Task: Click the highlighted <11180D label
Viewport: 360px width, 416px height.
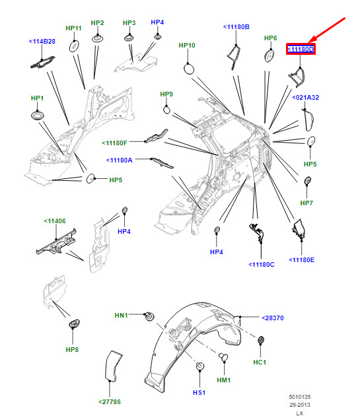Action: pyautogui.click(x=301, y=50)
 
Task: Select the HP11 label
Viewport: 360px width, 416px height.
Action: pyautogui.click(x=73, y=28)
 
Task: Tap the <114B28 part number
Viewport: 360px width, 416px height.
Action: pyautogui.click(x=42, y=42)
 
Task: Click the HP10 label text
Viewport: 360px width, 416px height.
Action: pyautogui.click(x=187, y=46)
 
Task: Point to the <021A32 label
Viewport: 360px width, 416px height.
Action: pyautogui.click(x=306, y=98)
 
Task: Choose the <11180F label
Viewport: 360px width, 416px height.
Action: pyautogui.click(x=114, y=143)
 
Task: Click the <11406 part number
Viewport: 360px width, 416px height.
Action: pyautogui.click(x=55, y=221)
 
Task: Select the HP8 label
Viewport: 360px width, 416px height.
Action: pyautogui.click(x=72, y=350)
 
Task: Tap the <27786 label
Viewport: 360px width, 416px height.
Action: pyautogui.click(x=110, y=402)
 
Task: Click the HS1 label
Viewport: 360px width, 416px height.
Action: pyautogui.click(x=199, y=393)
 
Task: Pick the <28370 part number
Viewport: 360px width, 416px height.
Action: pyautogui.click(x=273, y=318)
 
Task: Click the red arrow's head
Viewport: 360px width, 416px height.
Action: pyautogui.click(x=311, y=40)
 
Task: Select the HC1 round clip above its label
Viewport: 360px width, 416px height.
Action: pyautogui.click(x=261, y=340)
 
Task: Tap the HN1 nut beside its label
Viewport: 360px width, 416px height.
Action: pyautogui.click(x=150, y=316)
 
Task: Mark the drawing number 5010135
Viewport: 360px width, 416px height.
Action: pyautogui.click(x=300, y=397)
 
